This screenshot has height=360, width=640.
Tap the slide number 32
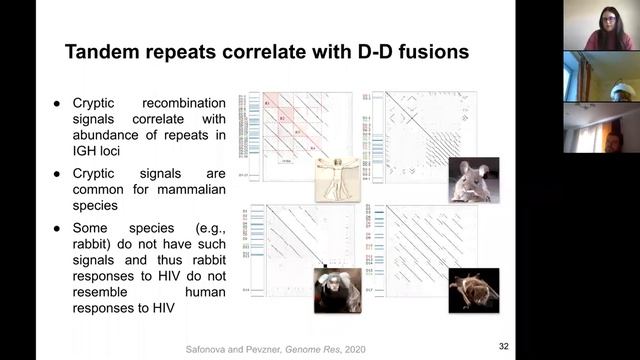504,346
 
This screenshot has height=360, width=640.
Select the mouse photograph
473,180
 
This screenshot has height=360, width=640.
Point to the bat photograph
473,288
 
